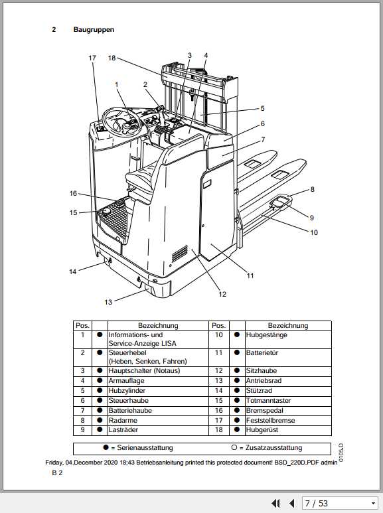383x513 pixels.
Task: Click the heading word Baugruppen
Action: [x=94, y=30]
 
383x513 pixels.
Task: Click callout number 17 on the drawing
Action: [x=92, y=58]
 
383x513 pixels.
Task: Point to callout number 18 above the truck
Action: [x=112, y=58]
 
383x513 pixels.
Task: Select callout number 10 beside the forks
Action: [x=313, y=233]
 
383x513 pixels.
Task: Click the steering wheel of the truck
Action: [x=121, y=119]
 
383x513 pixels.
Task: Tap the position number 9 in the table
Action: [x=82, y=430]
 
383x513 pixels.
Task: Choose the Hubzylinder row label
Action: [x=128, y=390]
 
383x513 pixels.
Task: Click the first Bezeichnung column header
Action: [x=158, y=326]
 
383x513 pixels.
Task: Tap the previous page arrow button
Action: [x=291, y=503]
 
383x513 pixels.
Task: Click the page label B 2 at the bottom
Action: [x=57, y=473]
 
